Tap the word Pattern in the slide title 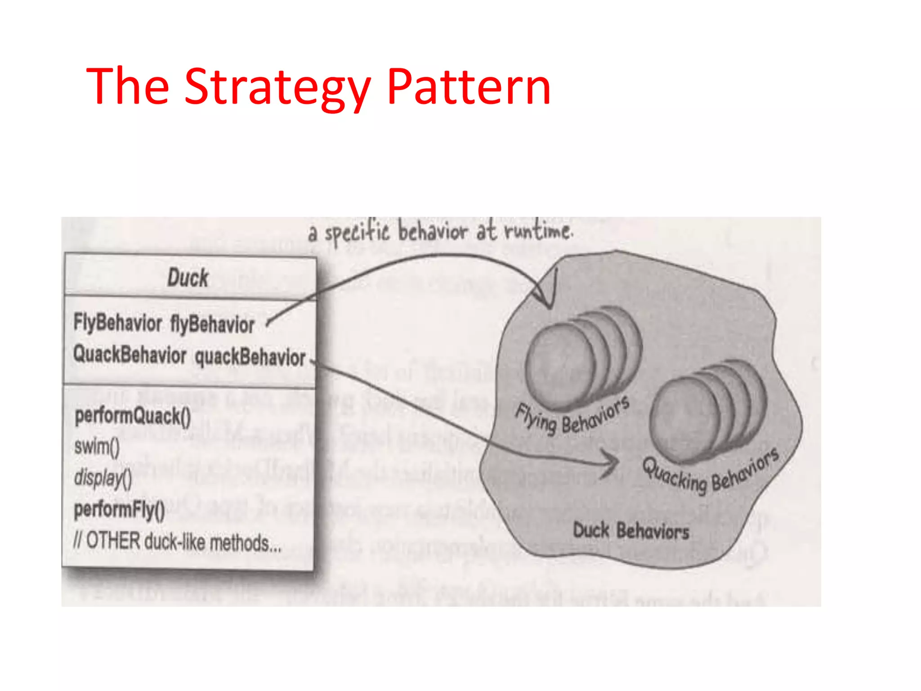tap(469, 86)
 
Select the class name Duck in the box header tap(188, 277)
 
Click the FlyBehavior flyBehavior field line tap(164, 323)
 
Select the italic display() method tap(103, 478)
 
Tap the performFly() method tap(119, 510)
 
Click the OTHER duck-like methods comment tap(177, 541)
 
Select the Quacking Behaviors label tap(711, 470)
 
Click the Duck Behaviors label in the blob tap(630, 531)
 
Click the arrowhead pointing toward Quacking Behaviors tap(613, 461)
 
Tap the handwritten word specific tap(357, 233)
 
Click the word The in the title tap(128, 86)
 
